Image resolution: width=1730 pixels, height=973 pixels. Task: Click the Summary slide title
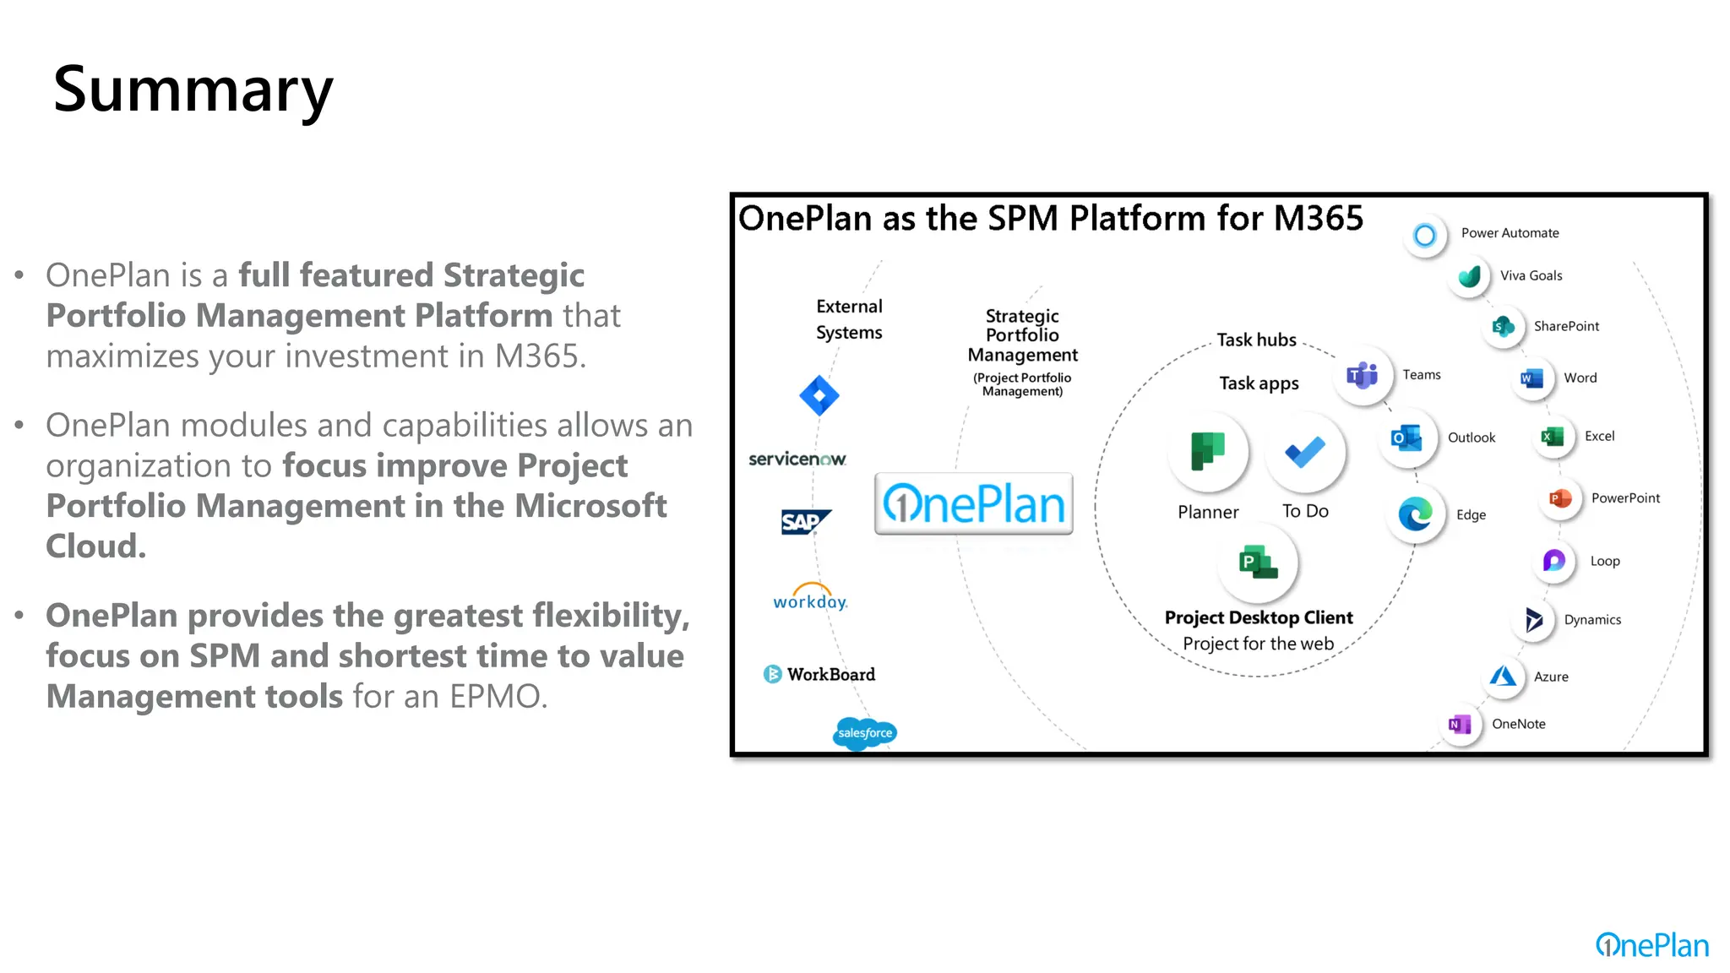point(193,90)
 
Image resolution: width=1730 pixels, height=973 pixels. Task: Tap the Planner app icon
point(1208,451)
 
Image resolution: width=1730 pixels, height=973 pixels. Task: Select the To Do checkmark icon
point(1305,453)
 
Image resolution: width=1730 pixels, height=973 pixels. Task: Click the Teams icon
point(1363,374)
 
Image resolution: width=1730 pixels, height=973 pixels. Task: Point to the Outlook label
point(1472,438)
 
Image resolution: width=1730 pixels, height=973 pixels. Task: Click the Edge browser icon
point(1415,514)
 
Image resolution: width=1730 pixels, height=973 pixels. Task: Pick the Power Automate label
point(1510,233)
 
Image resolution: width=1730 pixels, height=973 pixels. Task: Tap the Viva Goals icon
point(1470,276)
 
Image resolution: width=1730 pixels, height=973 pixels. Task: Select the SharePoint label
point(1566,326)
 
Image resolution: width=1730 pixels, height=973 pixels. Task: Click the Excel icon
point(1553,437)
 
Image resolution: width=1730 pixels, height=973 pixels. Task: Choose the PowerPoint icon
point(1559,498)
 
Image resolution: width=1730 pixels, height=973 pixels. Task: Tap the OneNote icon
point(1460,725)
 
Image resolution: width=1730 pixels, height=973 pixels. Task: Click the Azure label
point(1551,677)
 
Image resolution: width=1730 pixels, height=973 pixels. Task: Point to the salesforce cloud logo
point(865,732)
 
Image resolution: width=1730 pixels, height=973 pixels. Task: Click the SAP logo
point(804,522)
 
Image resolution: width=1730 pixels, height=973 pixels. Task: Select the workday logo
point(810,597)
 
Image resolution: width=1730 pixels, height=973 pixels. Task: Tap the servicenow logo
point(797,459)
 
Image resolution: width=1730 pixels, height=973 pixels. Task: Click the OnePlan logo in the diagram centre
point(974,504)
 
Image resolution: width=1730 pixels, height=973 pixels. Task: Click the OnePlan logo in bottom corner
point(1651,945)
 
